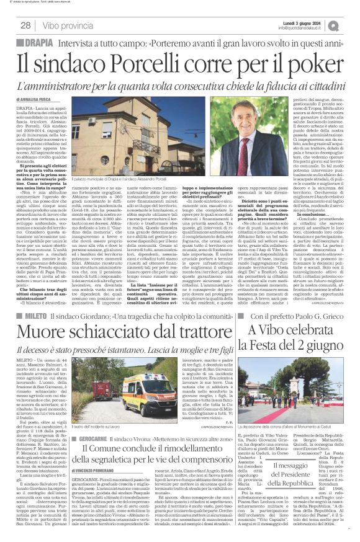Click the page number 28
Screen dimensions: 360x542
(x=26, y=25)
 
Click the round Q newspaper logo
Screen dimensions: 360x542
(x=349, y=25)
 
